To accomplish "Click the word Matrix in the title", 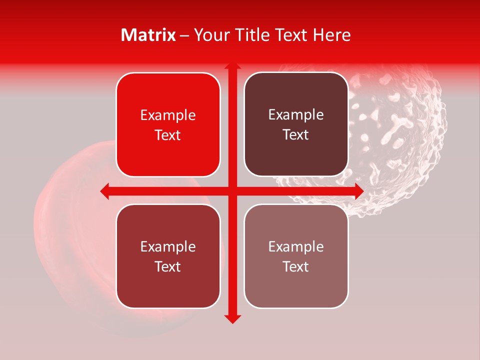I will tap(148, 35).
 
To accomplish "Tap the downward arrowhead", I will tap(232, 319).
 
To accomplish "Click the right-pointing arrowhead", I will tap(358, 191).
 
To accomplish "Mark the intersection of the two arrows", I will tap(232, 191).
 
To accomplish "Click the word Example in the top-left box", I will tap(168, 115).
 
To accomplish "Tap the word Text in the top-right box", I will tap(296, 135).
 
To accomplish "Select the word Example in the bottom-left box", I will tap(168, 246).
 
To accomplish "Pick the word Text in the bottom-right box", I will tap(296, 266).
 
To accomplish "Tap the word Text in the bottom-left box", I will tap(168, 266).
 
